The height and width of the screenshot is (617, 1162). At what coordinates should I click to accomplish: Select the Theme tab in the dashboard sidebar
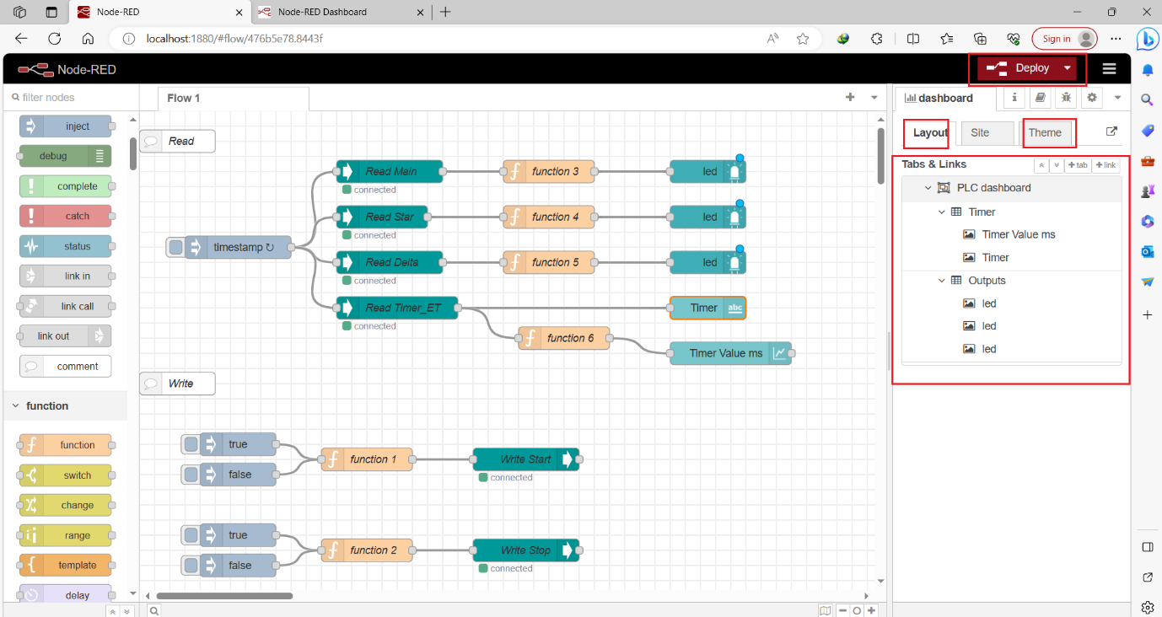tap(1045, 132)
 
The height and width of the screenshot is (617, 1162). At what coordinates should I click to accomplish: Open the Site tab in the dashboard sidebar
tap(980, 132)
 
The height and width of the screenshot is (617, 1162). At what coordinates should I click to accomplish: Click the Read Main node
tap(390, 171)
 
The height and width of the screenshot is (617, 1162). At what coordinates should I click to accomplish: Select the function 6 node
tap(570, 338)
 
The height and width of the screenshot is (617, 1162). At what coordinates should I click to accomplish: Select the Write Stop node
tap(525, 550)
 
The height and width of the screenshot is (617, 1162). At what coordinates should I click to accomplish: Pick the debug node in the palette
tap(55, 156)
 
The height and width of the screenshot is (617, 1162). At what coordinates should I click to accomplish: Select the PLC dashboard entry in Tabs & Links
tap(993, 188)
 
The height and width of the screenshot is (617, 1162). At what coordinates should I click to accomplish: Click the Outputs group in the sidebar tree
tap(987, 281)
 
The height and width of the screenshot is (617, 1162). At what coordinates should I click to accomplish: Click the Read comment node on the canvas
tap(179, 142)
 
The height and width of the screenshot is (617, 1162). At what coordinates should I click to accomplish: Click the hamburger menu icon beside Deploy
tap(1109, 68)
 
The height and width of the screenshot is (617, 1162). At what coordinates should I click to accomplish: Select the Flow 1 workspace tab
tap(184, 98)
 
